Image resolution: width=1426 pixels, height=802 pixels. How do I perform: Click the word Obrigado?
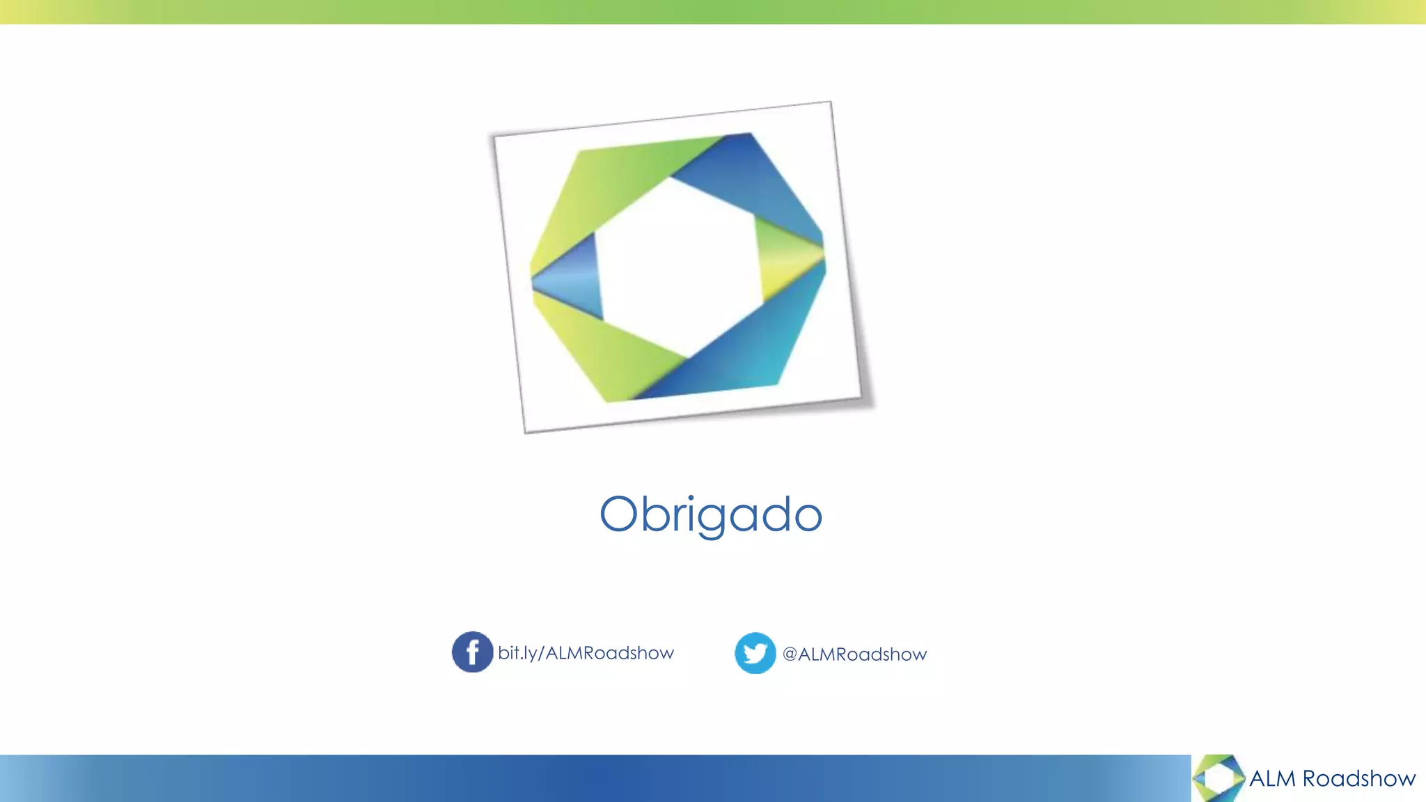click(x=711, y=514)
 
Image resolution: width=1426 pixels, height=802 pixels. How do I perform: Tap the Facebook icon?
click(x=472, y=652)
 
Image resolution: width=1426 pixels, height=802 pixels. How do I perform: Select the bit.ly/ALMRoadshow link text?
click(x=586, y=653)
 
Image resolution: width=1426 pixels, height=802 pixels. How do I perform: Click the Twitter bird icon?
click(x=755, y=653)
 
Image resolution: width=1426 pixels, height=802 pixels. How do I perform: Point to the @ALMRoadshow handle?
click(x=854, y=654)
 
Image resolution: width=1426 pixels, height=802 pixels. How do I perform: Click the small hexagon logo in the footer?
click(x=1219, y=778)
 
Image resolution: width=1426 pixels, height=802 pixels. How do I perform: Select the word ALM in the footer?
click(x=1272, y=778)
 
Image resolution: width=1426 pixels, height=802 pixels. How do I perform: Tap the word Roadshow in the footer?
click(x=1358, y=778)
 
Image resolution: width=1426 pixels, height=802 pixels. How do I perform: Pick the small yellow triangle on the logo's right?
click(x=787, y=261)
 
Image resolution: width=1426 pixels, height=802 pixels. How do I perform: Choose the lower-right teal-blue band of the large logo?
click(x=752, y=348)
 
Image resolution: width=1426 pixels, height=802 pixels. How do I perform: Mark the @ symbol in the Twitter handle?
click(x=790, y=654)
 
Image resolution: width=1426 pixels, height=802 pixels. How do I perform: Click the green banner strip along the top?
click(x=713, y=12)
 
